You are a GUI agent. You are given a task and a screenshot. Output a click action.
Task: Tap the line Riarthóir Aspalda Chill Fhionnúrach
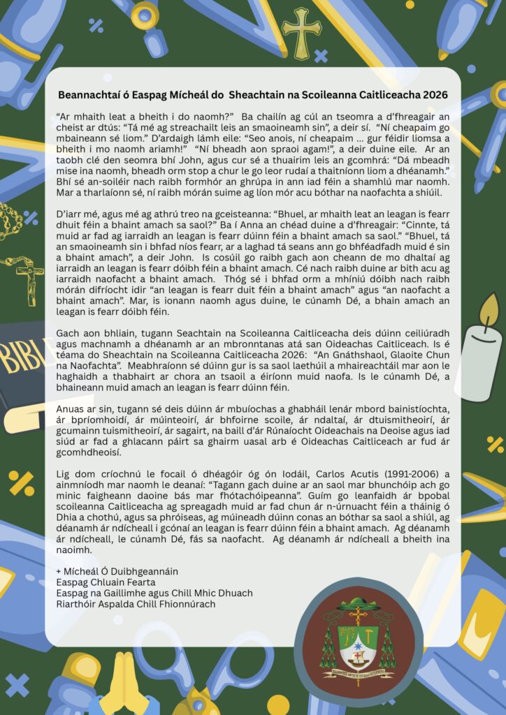click(136, 604)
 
